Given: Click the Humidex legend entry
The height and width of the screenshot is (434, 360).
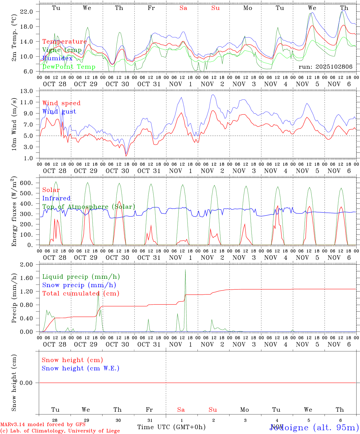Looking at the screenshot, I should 57,58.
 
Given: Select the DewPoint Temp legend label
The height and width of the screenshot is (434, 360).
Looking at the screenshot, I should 69,67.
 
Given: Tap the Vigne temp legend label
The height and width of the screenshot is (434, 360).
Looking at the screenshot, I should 62,50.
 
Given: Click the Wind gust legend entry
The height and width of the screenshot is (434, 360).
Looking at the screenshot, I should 59,112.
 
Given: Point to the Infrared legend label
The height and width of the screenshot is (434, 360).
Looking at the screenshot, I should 56,198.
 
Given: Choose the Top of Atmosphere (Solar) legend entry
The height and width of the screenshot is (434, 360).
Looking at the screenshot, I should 89,207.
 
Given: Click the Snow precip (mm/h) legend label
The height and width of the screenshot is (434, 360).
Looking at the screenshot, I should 79,285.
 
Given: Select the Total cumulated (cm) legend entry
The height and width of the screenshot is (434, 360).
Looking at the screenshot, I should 81,293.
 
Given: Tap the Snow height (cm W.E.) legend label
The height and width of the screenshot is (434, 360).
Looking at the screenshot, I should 80,368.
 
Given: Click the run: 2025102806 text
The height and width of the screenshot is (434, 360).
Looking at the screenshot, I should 325,67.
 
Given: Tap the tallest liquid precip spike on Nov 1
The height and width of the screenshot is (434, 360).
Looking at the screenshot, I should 185,270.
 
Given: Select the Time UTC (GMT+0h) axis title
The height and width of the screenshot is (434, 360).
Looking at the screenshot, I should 171,427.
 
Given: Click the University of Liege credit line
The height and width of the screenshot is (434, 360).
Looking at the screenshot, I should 60,431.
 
